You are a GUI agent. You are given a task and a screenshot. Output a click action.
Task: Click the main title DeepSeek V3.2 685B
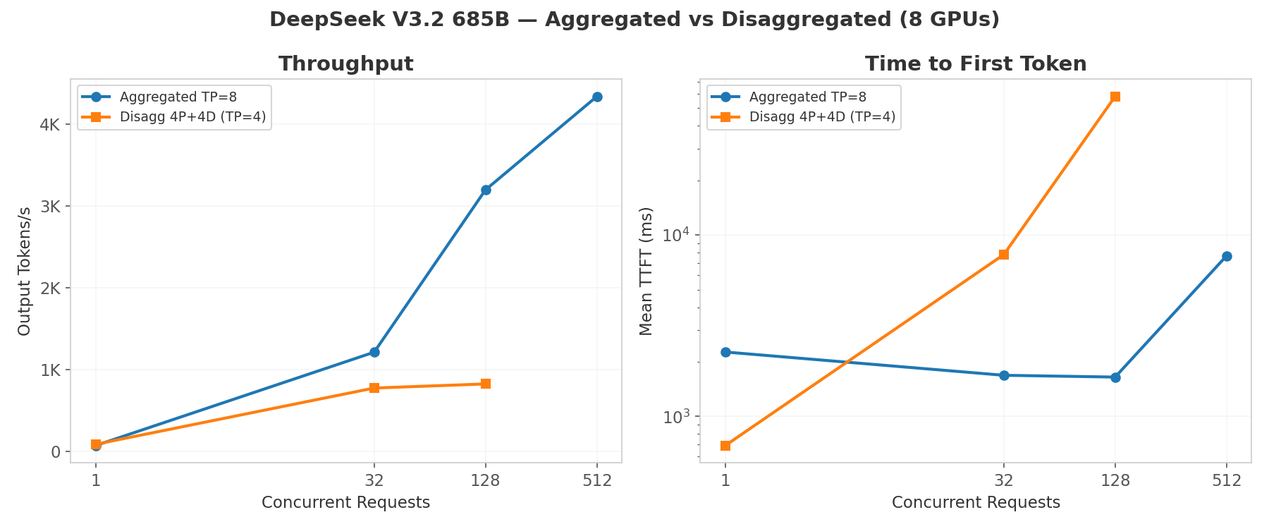pyautogui.click(x=634, y=20)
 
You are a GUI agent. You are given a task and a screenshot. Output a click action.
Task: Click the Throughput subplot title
pyautogui.click(x=345, y=64)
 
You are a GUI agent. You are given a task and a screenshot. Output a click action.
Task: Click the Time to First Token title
pyautogui.click(x=976, y=64)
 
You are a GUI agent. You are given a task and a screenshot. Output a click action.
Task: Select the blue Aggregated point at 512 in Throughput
pyautogui.click(x=597, y=97)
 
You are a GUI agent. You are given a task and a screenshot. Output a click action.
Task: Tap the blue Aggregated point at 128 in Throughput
pyautogui.click(x=486, y=190)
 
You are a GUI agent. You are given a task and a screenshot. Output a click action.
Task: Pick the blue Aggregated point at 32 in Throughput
pyautogui.click(x=374, y=352)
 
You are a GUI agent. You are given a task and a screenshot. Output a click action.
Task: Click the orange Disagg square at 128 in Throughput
pyautogui.click(x=486, y=384)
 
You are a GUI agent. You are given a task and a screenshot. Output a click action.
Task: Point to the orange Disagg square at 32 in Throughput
pyautogui.click(x=374, y=388)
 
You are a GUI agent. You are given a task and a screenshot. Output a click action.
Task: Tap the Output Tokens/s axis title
pyautogui.click(x=25, y=271)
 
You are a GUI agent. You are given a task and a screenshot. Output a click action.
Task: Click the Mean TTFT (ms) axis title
pyautogui.click(x=646, y=271)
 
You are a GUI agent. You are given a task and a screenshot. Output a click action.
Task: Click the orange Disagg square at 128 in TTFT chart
pyautogui.click(x=1115, y=97)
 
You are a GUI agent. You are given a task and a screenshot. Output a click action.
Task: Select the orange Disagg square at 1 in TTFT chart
pyautogui.click(x=725, y=446)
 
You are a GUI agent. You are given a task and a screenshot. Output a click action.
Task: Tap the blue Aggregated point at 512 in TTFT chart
pyautogui.click(x=1227, y=256)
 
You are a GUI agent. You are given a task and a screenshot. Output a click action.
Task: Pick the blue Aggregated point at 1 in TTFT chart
pyautogui.click(x=725, y=352)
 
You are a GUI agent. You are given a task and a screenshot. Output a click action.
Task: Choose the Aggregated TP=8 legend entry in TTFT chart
pyautogui.click(x=807, y=97)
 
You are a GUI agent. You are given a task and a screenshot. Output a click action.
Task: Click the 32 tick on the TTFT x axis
pyautogui.click(x=1004, y=480)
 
